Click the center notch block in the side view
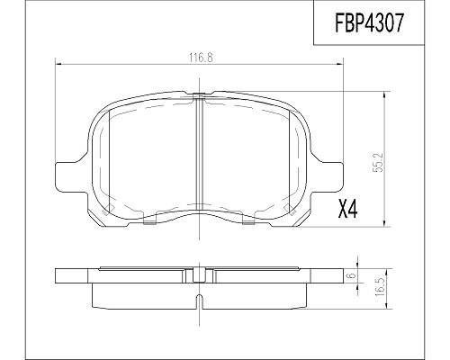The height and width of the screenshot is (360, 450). click(x=199, y=275)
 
